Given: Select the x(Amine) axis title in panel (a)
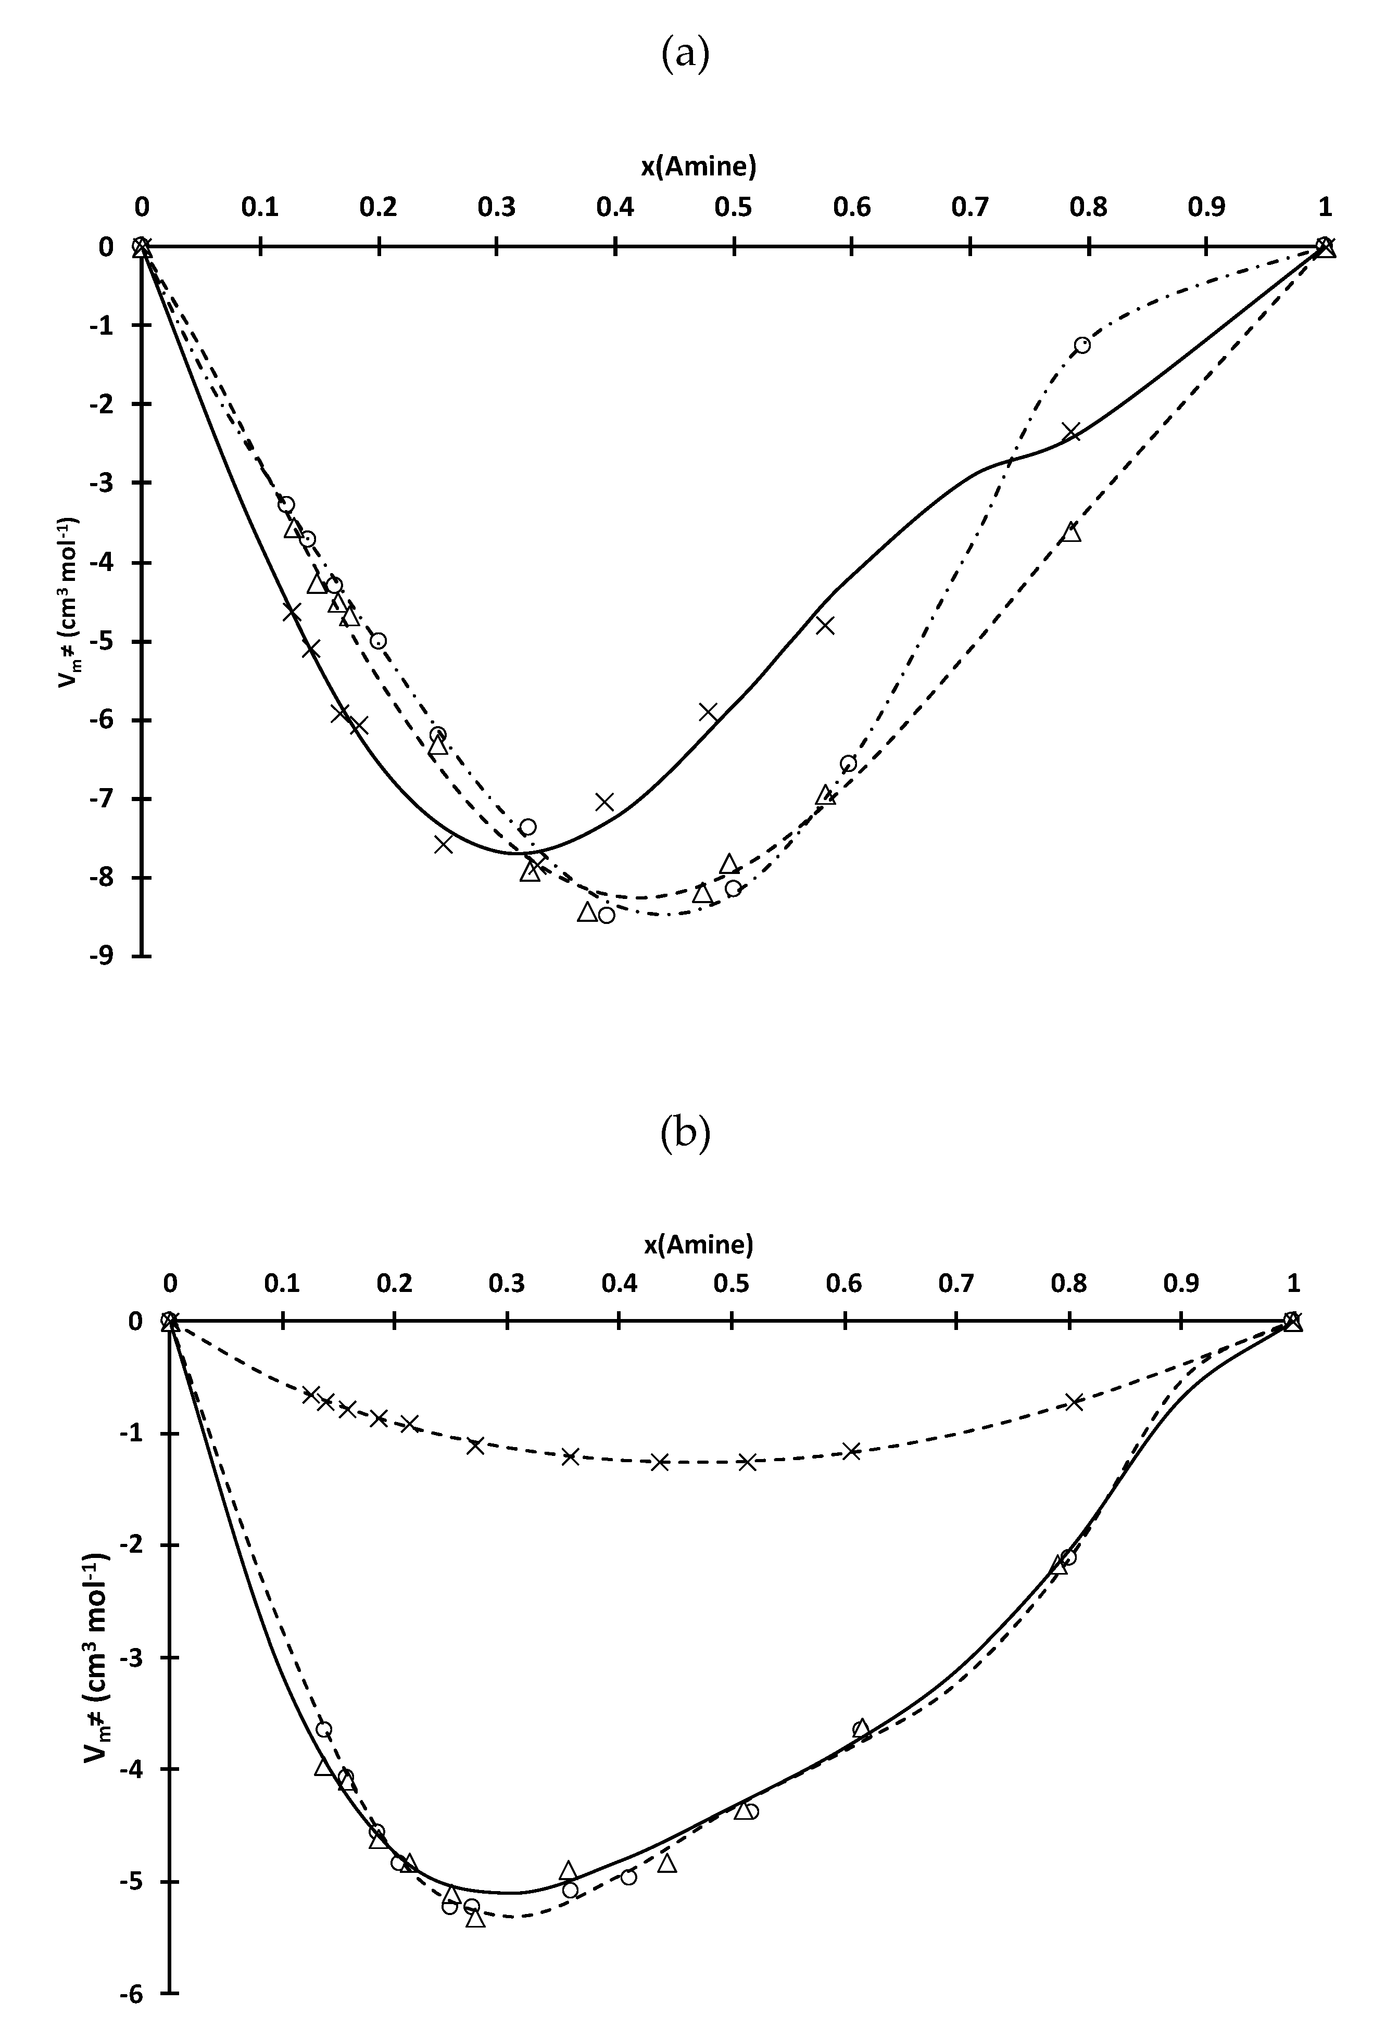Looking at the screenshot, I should click(x=699, y=165).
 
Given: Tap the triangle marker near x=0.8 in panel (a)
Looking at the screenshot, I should click(x=1070, y=532).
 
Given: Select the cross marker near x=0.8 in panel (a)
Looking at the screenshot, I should click(x=1070, y=432).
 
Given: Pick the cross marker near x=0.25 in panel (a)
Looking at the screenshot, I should click(x=444, y=844).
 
